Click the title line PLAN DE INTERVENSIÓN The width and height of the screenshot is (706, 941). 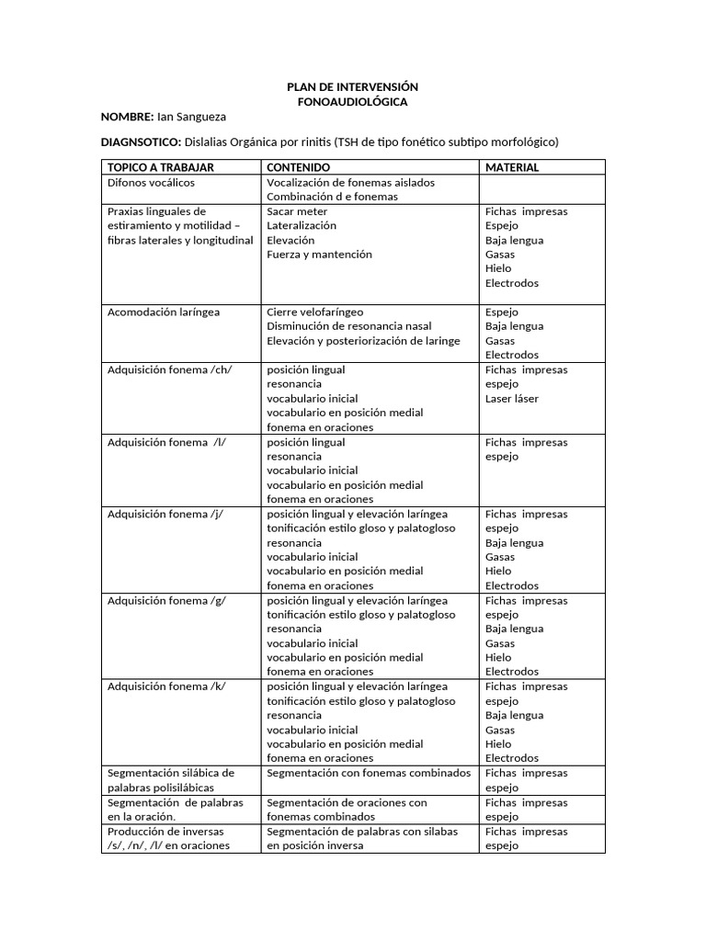[352, 86]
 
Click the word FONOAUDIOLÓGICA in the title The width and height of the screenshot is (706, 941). [352, 102]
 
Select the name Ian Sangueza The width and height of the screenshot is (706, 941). [191, 117]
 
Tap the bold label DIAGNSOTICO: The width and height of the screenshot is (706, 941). [141, 142]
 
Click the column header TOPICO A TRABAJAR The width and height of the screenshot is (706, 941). [161, 168]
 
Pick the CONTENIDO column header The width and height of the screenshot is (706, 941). [298, 168]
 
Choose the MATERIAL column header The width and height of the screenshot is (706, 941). [512, 168]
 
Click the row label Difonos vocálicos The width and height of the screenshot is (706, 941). [151, 182]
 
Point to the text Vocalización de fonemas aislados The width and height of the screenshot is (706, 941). [350, 182]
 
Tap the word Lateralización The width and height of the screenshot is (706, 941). [302, 225]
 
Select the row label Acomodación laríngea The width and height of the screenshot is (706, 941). [164, 312]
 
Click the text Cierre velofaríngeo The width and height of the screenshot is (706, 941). [314, 312]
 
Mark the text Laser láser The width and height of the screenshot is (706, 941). [512, 399]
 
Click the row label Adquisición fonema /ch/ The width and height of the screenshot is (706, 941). [170, 369]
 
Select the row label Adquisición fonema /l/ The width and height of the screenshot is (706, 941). [166, 442]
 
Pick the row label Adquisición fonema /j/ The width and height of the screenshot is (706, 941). [166, 514]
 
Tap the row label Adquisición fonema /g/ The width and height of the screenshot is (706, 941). [167, 600]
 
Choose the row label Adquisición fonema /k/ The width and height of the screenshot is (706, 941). [167, 686]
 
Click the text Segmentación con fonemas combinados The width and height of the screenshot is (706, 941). [369, 773]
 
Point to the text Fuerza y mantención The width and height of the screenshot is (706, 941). [319, 255]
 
